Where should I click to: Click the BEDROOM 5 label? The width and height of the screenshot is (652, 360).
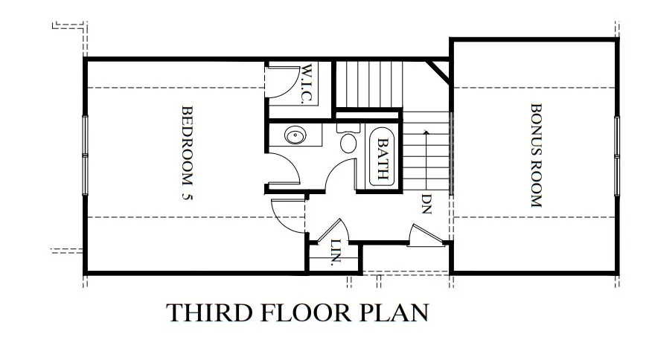coord(188,152)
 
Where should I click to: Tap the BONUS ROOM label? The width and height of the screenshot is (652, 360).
coord(537,155)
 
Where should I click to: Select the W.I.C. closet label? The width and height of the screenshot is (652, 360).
coord(307,83)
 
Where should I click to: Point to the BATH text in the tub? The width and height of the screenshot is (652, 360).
coord(383,158)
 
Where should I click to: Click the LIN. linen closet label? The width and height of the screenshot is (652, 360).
coord(336,252)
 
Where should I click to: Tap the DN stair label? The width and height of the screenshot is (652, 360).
coord(426,204)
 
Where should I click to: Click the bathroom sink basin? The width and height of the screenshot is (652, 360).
coord(295,135)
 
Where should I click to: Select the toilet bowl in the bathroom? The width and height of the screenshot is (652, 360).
coord(348,143)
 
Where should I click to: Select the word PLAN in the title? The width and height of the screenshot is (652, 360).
coord(394,312)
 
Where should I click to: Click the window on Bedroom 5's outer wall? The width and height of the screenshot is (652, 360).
coord(86,155)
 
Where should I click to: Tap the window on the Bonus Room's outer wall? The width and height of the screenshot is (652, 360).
coord(617,156)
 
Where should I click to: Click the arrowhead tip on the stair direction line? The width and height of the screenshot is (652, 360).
coord(426,131)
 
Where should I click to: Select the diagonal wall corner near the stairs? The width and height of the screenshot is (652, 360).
coord(438,71)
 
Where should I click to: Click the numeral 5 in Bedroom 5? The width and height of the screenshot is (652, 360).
coord(188,196)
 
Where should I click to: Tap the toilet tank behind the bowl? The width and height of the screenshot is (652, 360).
coord(348,128)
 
